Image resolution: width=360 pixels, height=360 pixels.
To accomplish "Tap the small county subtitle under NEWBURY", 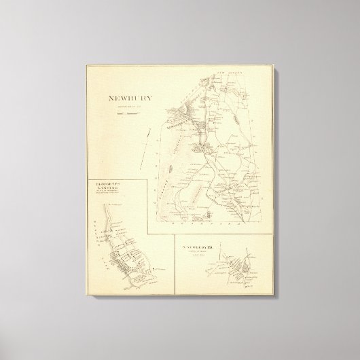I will (127, 107).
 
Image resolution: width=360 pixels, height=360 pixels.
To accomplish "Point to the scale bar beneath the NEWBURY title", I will (127, 113).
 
